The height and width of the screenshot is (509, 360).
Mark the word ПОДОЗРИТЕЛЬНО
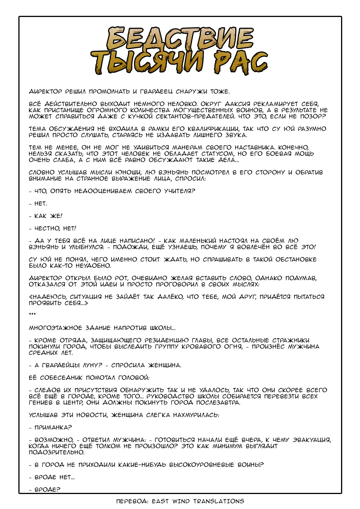tap(57, 452)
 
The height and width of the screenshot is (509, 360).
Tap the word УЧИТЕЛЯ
tap(180, 191)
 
